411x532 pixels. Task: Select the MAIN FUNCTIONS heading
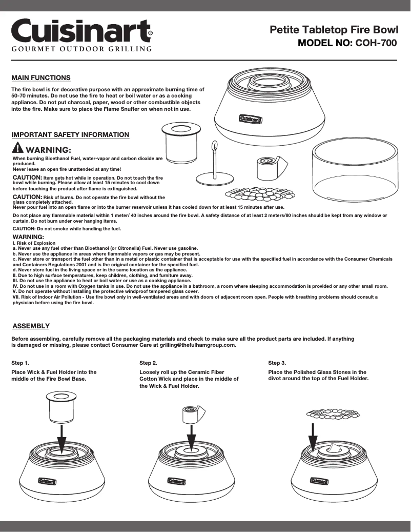[41, 77]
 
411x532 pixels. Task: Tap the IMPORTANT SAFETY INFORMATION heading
[70, 134]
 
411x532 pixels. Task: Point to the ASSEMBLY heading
[31, 326]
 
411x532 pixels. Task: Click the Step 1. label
[20, 363]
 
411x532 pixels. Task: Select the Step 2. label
[148, 363]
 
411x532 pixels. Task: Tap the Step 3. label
[277, 363]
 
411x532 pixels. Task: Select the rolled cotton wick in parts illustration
[266, 167]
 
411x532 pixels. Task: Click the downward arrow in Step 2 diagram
[191, 438]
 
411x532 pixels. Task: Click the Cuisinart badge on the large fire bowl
[251, 120]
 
